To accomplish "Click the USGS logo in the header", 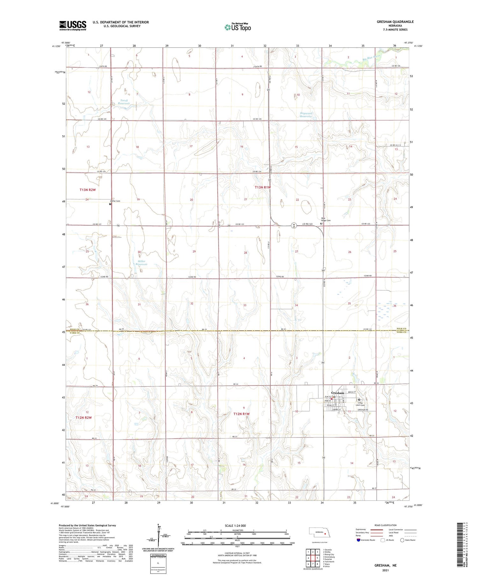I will point(73,25).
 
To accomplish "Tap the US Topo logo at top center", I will point(238,27).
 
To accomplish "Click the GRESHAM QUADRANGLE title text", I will point(395,22).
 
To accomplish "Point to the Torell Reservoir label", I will point(124,102).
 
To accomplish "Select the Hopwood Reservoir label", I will point(306,115).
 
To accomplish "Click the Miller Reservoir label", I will point(141,263).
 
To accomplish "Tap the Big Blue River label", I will point(372,58).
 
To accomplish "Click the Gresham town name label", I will point(337,393).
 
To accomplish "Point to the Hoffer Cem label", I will point(115,201).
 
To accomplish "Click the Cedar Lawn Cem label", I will point(360,404).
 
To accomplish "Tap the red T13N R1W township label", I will point(263,187).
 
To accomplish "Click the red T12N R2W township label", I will point(83,417).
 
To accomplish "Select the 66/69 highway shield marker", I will point(294,225).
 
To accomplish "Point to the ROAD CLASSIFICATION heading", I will point(385,525).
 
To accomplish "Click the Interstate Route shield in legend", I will point(358,540).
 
